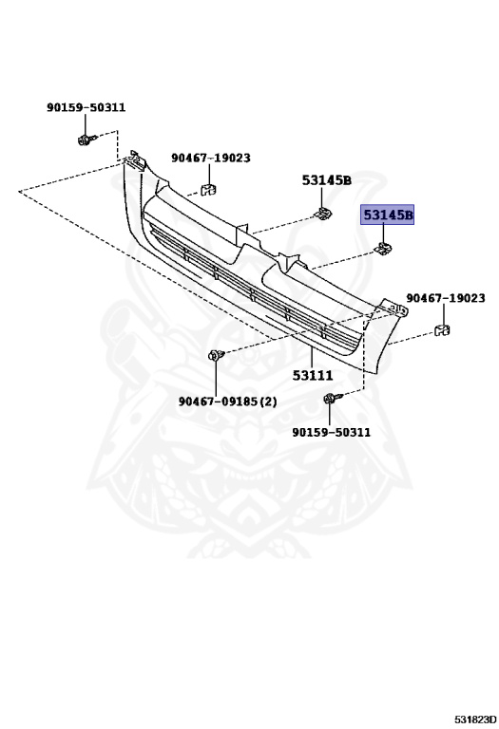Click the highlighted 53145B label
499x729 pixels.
tap(387, 215)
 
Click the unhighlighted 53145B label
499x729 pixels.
tap(327, 180)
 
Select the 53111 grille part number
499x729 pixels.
tap(313, 375)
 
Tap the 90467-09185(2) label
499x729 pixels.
tap(227, 401)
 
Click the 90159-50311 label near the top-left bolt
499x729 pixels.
tap(86, 107)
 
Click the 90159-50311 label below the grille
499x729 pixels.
tap(332, 432)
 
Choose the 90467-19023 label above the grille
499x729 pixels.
tap(211, 159)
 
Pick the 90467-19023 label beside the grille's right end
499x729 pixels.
tap(446, 297)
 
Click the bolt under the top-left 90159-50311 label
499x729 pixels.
tap(87, 139)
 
